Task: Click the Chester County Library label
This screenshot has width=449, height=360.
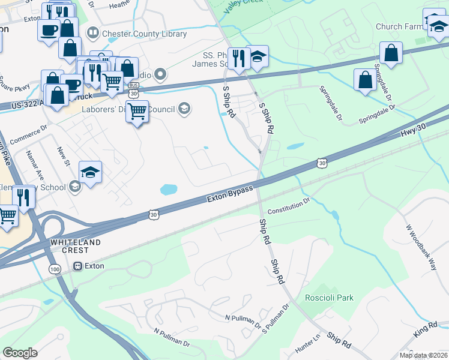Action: (144, 34)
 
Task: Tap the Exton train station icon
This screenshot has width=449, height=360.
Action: (77, 266)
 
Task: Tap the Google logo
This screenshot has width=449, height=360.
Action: (20, 353)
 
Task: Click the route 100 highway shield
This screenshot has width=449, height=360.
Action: (55, 271)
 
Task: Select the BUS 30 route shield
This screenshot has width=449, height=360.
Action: (133, 92)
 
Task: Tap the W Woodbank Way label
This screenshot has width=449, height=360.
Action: (421, 248)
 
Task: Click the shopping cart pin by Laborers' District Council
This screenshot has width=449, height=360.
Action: (137, 110)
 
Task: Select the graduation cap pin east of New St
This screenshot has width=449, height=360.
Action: (90, 172)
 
